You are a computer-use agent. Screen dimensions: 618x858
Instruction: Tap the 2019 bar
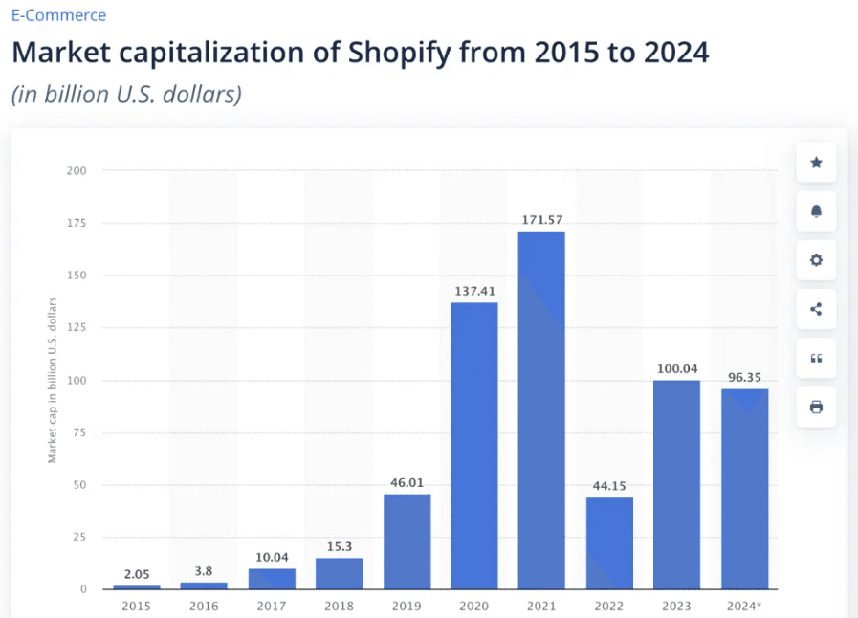point(407,541)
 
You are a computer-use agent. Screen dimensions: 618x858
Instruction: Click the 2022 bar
point(609,542)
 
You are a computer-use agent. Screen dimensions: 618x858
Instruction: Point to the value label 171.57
point(541,220)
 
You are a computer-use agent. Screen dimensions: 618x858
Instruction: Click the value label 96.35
point(743,377)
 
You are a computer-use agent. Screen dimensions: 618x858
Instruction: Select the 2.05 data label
point(137,574)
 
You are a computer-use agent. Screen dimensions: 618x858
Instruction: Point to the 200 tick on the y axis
point(77,171)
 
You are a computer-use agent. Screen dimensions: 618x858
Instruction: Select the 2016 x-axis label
point(205,605)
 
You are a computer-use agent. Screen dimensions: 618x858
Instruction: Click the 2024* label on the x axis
point(743,605)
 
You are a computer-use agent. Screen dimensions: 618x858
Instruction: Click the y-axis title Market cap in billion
point(53,380)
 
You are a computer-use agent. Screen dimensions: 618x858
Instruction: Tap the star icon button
point(816,163)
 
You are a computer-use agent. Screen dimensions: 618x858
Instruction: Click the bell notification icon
point(816,211)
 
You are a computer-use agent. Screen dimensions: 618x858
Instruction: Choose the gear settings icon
point(816,260)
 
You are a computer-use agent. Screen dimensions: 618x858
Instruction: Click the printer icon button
point(816,407)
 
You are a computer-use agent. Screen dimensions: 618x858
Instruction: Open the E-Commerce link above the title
point(59,15)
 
